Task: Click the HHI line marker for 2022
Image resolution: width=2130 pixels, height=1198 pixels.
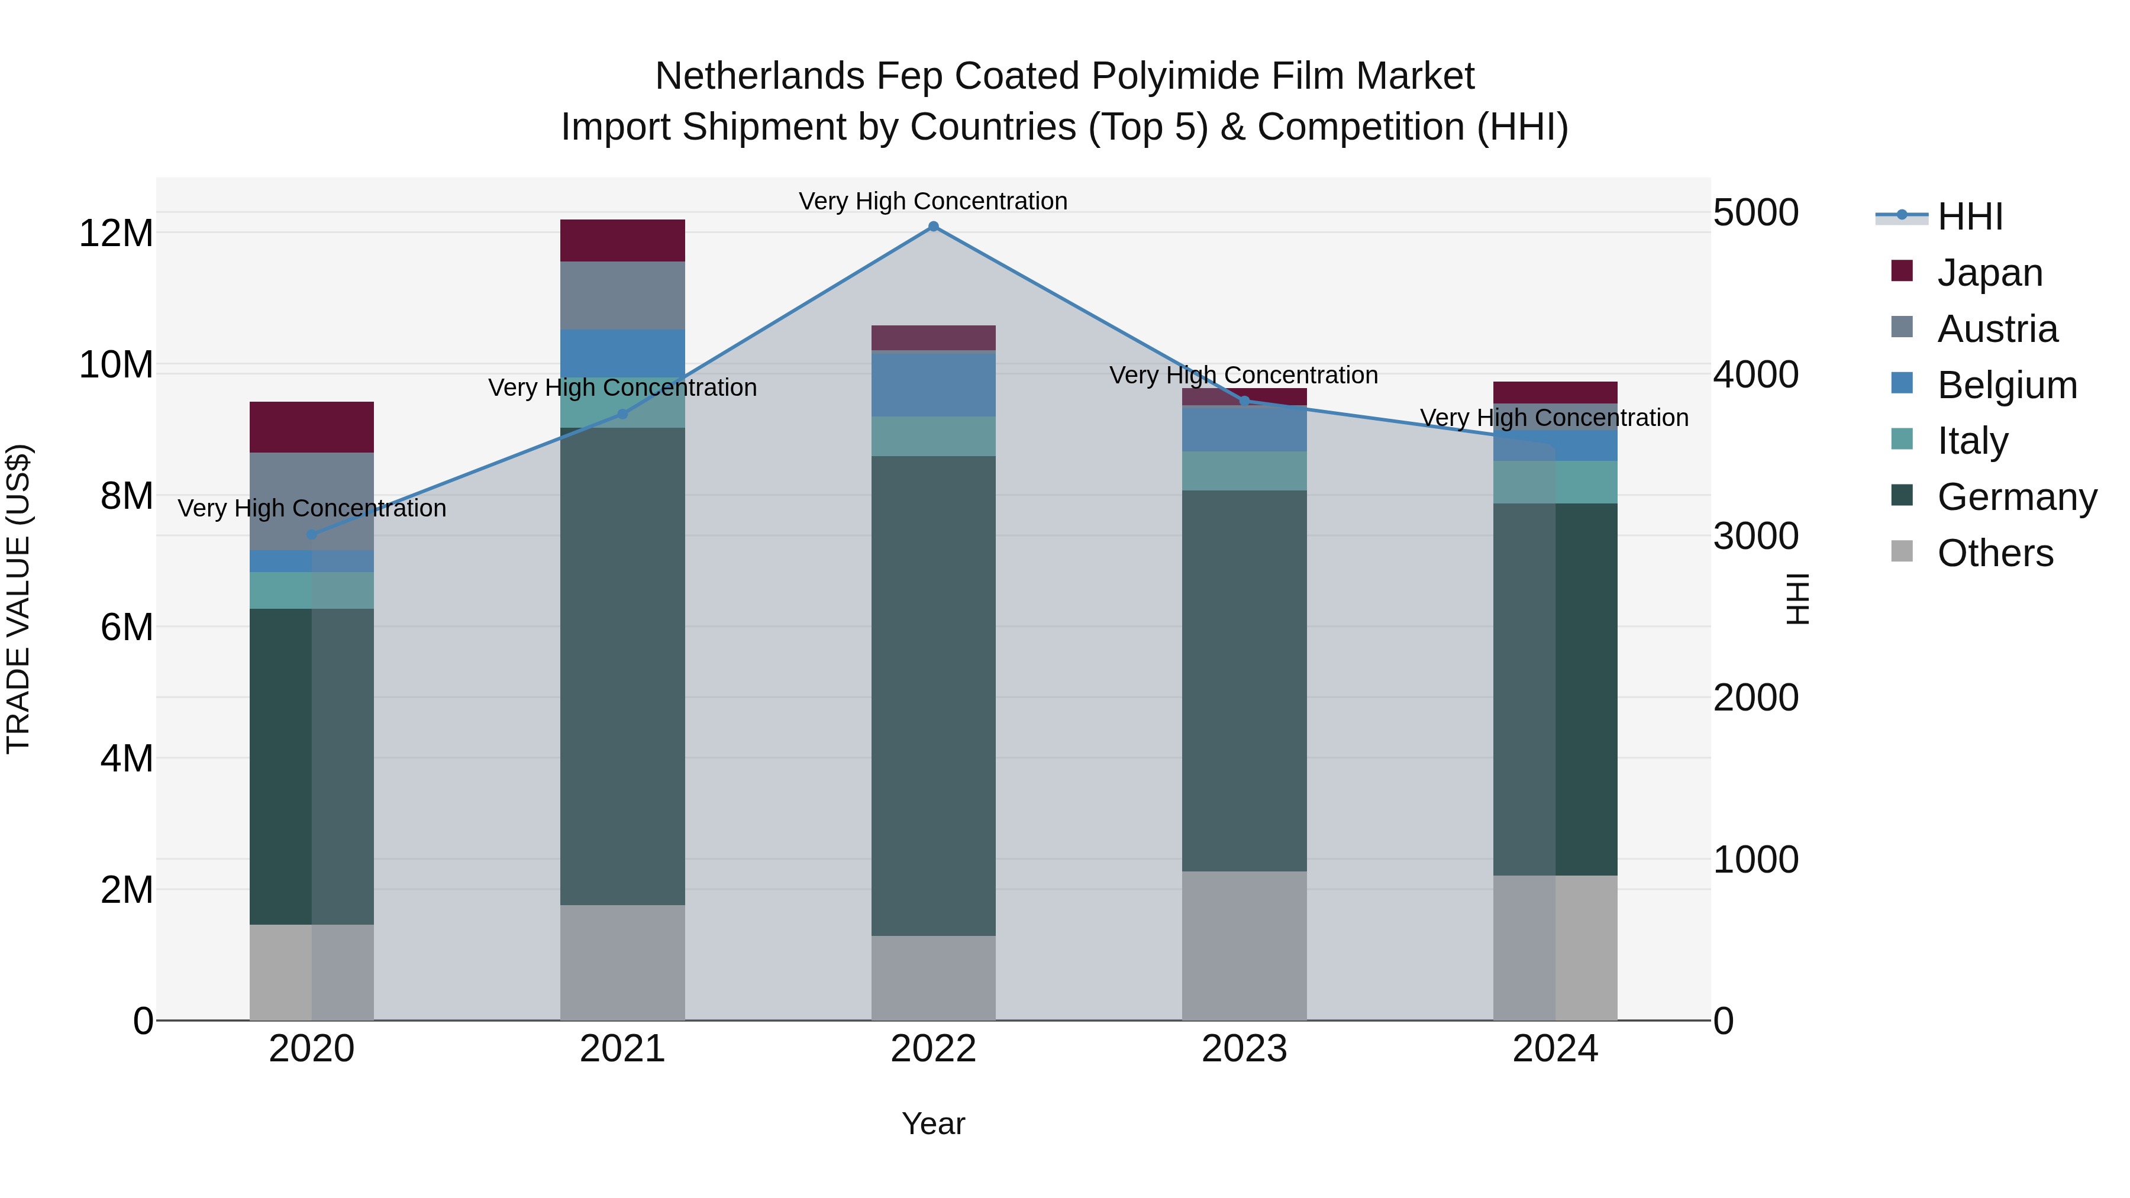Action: tap(934, 227)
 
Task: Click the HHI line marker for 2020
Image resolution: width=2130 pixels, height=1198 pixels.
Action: tap(312, 534)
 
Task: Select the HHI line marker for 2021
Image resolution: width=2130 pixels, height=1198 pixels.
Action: tap(622, 414)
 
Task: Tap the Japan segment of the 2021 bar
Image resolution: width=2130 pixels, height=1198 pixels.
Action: tap(622, 241)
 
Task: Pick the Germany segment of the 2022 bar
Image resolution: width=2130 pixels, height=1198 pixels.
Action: tap(934, 695)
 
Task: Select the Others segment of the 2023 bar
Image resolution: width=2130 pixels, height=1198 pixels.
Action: tap(1244, 945)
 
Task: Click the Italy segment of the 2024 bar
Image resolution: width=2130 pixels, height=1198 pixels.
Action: tap(1555, 482)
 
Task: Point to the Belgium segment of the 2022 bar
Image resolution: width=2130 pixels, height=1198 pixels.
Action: tap(934, 383)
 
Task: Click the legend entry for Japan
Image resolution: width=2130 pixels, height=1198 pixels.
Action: tap(1989, 273)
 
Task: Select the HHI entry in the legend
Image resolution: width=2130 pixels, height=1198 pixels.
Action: tap(1970, 217)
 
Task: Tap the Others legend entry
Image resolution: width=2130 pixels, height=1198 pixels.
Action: tap(1995, 553)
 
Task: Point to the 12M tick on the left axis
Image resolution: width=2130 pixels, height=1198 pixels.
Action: tap(116, 233)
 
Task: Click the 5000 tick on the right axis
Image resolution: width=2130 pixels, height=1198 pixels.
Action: tap(1755, 212)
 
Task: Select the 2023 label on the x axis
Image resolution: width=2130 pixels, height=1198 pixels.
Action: tap(1244, 1049)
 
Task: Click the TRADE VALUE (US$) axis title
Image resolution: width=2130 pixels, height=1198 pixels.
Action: tap(18, 599)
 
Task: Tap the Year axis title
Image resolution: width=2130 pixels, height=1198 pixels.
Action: tap(934, 1123)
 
